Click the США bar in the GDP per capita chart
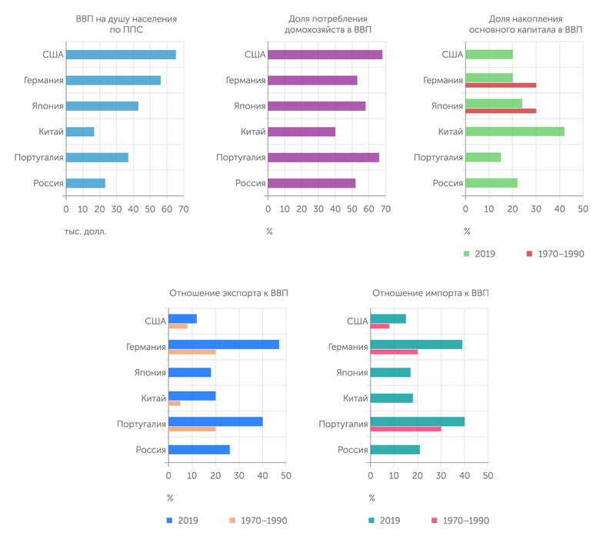tap(121, 55)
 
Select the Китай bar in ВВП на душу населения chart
tap(80, 131)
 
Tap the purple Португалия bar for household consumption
tap(323, 158)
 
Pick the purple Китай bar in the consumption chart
tap(301, 131)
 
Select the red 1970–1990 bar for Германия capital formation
tap(501, 85)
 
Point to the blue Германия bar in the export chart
tap(223, 344)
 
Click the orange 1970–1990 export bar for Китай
tap(175, 403)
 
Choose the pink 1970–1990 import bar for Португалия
tap(405, 428)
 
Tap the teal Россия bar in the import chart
tap(395, 449)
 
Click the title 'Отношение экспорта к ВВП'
tap(229, 293)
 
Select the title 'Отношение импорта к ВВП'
tap(430, 293)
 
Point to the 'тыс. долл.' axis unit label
tap(85, 231)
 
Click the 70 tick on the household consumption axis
tap(386, 209)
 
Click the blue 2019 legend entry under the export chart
tap(182, 521)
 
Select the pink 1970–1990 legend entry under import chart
tap(460, 521)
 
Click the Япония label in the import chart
tap(352, 373)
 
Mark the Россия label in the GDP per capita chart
tap(48, 183)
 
